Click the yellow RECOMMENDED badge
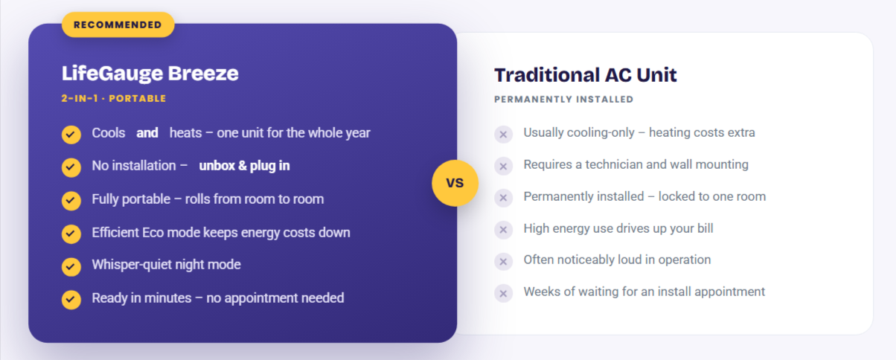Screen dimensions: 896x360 tap(118, 25)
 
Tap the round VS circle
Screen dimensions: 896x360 tap(455, 183)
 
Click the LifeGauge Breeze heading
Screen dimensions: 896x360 tap(150, 73)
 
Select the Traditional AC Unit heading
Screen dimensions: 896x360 tap(585, 75)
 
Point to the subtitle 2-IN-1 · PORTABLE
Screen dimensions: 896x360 tap(114, 98)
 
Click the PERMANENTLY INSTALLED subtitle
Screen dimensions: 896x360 tap(563, 99)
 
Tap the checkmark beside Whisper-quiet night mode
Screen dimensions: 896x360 tap(71, 266)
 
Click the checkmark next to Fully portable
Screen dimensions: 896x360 tap(71, 200)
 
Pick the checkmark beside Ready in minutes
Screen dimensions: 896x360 tap(71, 300)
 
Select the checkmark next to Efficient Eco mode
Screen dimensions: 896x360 tap(71, 234)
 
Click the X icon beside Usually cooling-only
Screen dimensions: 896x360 tap(503, 135)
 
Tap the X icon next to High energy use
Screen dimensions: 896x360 tap(503, 230)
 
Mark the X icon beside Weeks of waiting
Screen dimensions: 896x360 tap(503, 294)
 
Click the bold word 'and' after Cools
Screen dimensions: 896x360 tap(147, 133)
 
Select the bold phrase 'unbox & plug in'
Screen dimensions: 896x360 tap(244, 166)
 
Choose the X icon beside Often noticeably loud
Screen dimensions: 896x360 tap(503, 262)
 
